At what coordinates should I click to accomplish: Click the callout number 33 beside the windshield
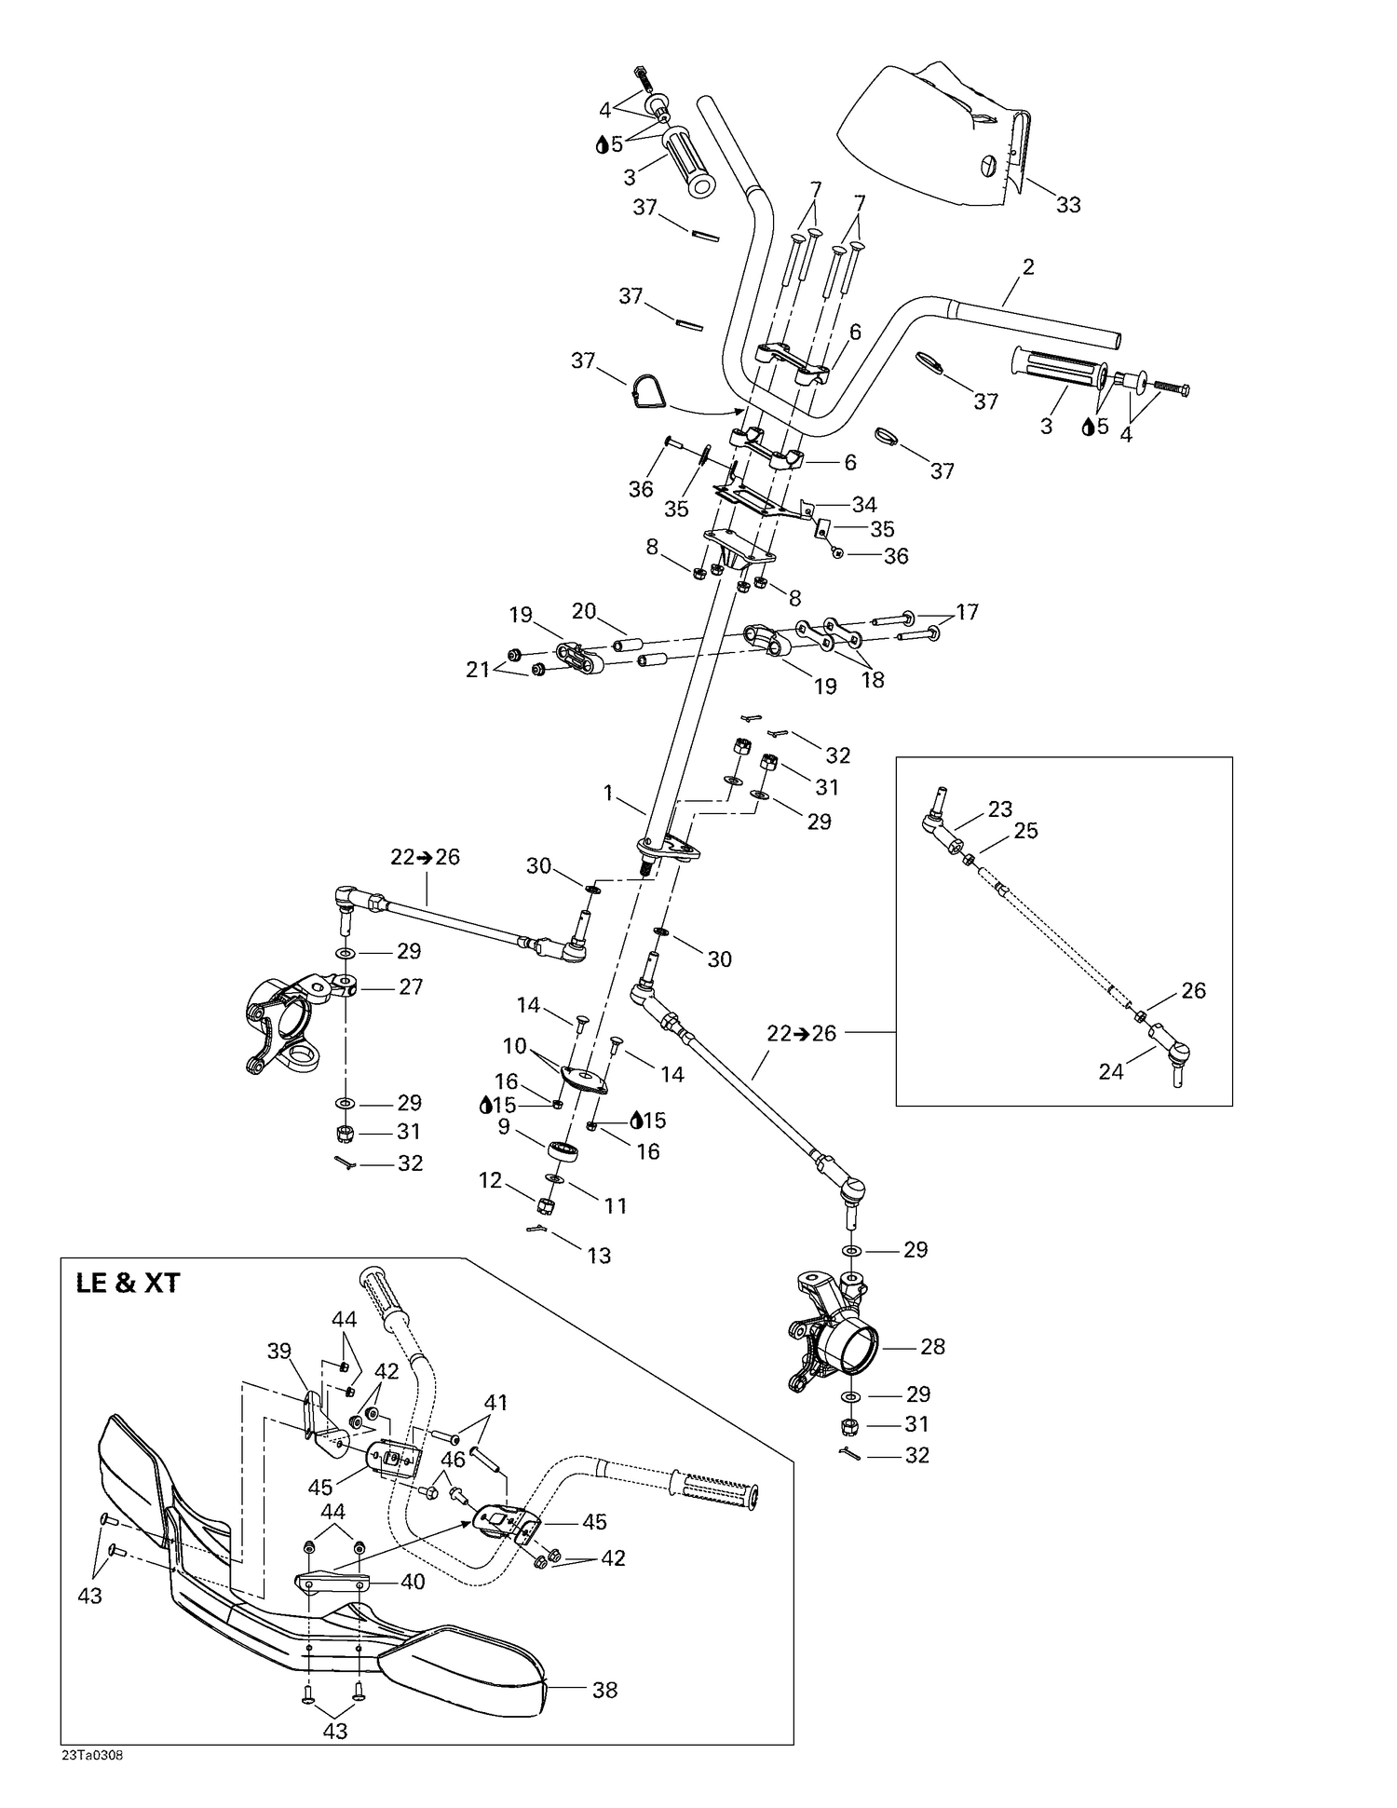[x=1068, y=205]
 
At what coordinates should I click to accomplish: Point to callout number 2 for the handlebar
[x=1028, y=267]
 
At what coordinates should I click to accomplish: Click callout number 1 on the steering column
[x=608, y=793]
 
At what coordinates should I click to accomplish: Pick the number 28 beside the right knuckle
[x=932, y=1346]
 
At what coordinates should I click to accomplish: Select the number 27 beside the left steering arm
[x=411, y=986]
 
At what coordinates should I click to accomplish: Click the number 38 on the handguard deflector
[x=605, y=1690]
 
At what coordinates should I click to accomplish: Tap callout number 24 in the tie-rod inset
[x=1111, y=1072]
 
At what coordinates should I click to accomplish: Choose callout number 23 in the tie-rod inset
[x=999, y=809]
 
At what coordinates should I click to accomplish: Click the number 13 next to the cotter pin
[x=599, y=1256]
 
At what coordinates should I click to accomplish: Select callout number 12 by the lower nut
[x=491, y=1180]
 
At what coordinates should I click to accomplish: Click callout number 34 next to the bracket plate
[x=864, y=505]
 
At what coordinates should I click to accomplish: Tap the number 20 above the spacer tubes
[x=584, y=611]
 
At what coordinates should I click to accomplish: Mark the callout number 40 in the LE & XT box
[x=413, y=1582]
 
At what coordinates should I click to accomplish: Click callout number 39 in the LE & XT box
[x=279, y=1351]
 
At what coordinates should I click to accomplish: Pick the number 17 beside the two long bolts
[x=967, y=612]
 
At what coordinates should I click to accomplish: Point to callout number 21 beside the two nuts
[x=478, y=669]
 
